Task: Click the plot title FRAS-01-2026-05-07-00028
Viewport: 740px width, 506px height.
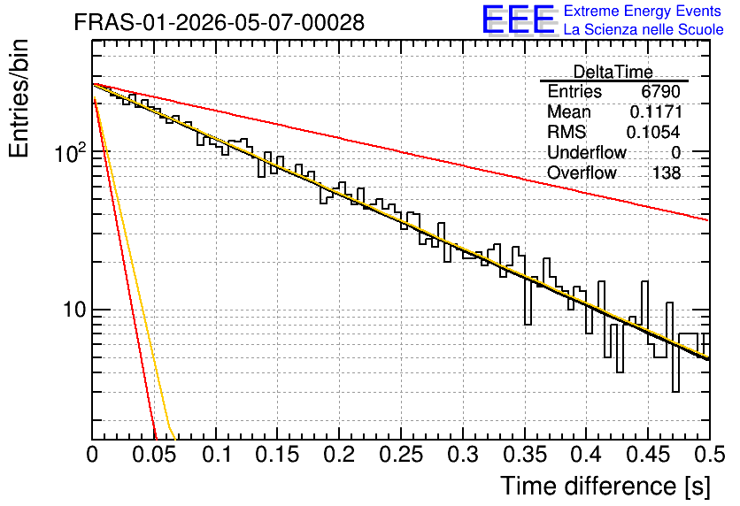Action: point(219,23)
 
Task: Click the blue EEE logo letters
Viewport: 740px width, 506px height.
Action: point(519,19)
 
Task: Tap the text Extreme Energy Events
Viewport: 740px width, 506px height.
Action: point(643,11)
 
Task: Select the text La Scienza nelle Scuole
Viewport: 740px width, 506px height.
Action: point(644,30)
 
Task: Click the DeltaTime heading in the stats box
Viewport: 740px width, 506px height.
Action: point(613,72)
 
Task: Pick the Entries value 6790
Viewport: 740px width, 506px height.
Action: point(660,91)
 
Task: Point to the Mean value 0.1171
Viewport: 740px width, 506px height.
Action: point(656,111)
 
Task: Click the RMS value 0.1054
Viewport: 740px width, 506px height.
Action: point(653,132)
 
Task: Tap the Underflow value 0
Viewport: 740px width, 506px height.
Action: point(675,153)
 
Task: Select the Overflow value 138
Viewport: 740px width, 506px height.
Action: point(667,173)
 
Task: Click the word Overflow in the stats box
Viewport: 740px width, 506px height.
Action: point(582,173)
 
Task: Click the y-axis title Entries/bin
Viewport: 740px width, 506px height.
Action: point(19,98)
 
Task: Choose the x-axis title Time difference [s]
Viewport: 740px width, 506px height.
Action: point(605,486)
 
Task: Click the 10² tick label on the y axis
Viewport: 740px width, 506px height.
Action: point(71,152)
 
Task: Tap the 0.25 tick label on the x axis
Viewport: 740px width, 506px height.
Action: point(401,455)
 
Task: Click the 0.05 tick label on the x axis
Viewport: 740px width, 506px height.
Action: point(154,455)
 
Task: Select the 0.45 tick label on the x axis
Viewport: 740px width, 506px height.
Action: point(648,455)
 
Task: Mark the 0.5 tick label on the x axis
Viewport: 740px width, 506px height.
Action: point(710,455)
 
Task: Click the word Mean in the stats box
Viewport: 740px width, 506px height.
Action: point(568,111)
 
